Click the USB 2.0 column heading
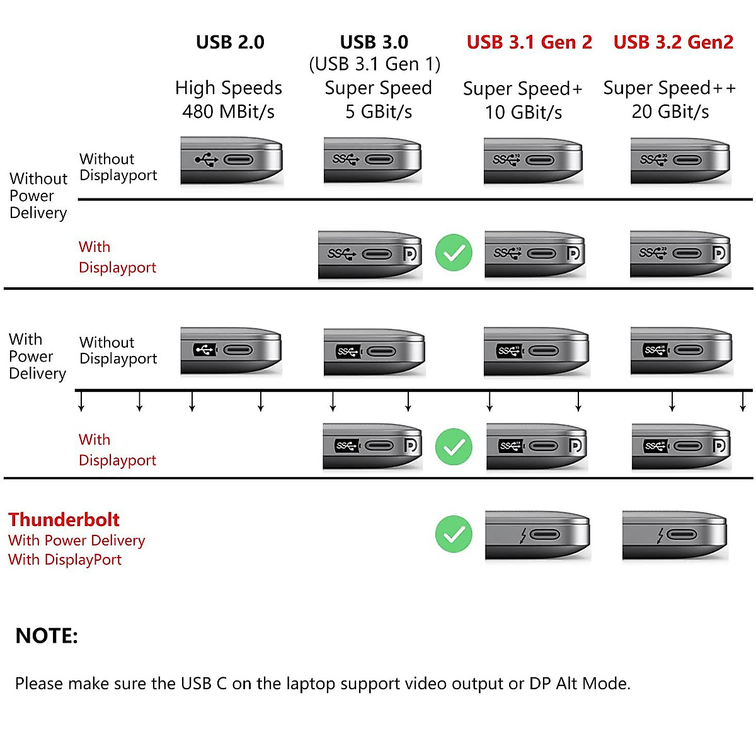230,42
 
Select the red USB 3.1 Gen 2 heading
529,42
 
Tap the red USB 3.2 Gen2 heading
673,42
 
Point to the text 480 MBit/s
228,112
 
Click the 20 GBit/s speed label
670,112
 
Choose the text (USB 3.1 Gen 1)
374,64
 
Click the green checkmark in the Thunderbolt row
454,534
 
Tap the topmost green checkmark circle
454,253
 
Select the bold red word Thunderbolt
64,520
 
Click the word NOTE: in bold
47,636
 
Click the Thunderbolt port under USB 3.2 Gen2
674,535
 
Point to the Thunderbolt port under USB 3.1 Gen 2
537,535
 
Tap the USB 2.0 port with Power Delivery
231,350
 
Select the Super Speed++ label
669,88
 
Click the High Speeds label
228,88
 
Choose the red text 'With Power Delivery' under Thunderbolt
76,541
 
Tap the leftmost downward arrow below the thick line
81,401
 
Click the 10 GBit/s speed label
523,112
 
